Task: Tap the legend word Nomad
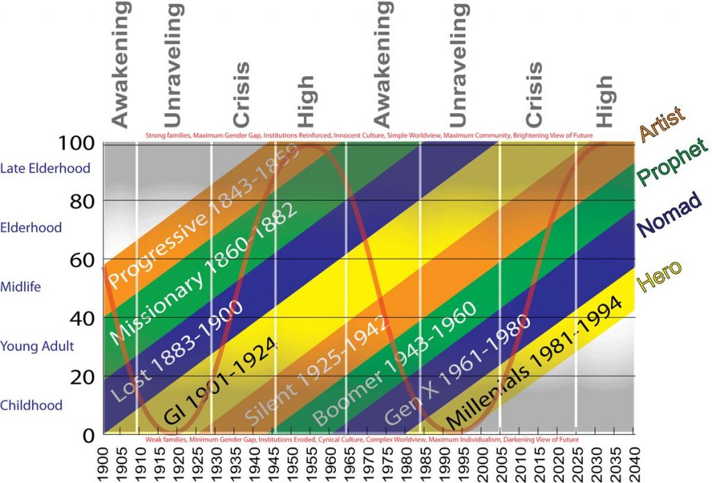click(670, 215)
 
